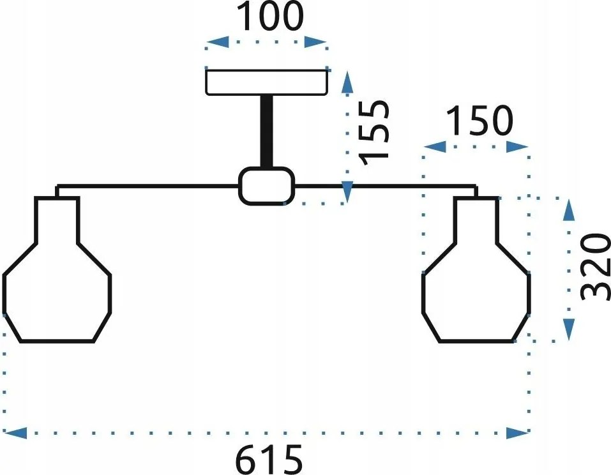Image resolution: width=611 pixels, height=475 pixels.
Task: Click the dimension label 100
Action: coord(269,16)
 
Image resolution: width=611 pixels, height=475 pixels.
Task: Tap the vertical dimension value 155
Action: coord(374,133)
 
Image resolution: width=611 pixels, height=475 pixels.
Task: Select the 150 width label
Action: coord(479,121)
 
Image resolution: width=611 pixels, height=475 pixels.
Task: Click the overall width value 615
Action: coord(269,460)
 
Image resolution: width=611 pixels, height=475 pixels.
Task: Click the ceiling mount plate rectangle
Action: coord(266,82)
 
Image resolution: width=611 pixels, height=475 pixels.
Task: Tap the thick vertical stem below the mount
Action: coord(267,132)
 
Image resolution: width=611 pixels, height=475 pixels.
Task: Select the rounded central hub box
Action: coord(267,186)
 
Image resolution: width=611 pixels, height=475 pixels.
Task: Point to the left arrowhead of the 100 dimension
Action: coord(218,41)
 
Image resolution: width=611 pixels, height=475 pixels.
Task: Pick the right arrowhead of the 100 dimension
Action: coord(315,41)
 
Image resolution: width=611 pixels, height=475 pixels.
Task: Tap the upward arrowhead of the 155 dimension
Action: coord(347,82)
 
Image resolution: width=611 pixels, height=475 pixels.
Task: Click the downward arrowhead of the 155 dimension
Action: coord(347,192)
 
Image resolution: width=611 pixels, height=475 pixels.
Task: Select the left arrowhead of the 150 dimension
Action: coord(435,147)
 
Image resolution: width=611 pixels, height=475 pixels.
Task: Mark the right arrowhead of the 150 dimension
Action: coord(518,147)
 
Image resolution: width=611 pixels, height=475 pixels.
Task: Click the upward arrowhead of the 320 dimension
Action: coord(570,211)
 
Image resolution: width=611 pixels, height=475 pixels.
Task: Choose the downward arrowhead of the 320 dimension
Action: coord(570,329)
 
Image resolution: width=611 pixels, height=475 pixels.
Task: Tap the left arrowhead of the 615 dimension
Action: coord(15,433)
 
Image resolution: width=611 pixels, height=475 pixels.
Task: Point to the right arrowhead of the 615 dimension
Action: coord(518,433)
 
